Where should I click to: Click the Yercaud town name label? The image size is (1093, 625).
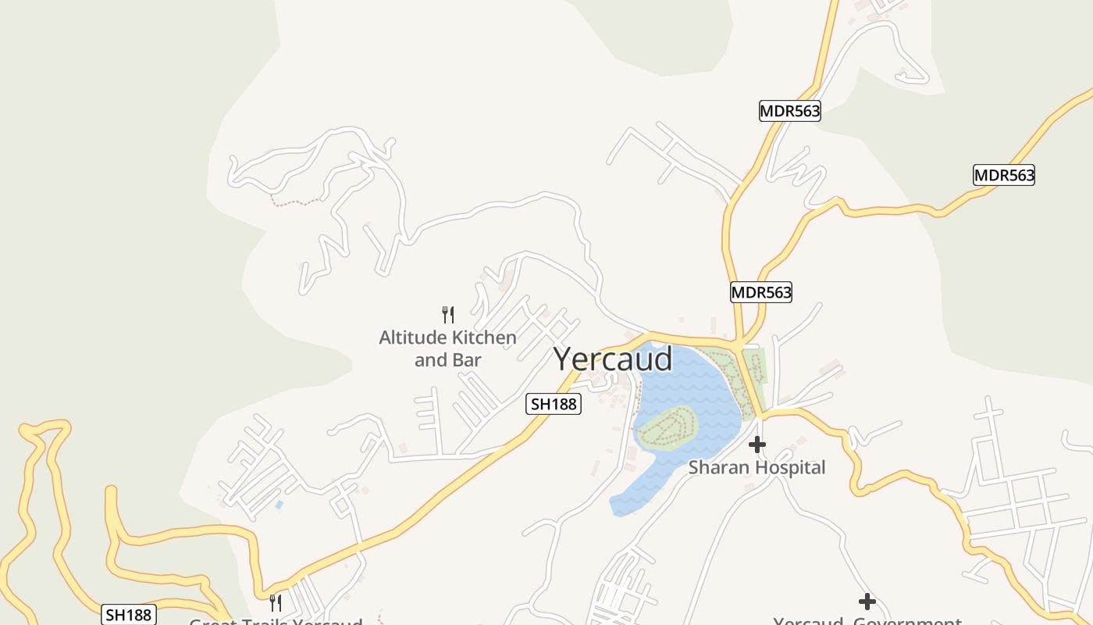click(613, 359)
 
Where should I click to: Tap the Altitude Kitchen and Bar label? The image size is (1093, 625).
click(447, 348)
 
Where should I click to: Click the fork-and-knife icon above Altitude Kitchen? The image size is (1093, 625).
click(448, 315)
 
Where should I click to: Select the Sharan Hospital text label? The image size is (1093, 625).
click(756, 467)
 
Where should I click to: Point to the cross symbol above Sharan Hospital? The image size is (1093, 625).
click(757, 445)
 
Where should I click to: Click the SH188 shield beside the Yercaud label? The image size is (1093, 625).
click(554, 403)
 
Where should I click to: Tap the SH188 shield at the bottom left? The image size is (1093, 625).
click(129, 614)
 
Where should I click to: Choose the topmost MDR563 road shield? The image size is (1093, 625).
click(790, 111)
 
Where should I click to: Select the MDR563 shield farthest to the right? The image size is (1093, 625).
click(1003, 175)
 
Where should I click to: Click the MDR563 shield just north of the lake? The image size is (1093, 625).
click(760, 292)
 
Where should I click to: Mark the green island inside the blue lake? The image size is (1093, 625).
click(666, 427)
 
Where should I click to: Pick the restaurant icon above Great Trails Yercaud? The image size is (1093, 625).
click(275, 602)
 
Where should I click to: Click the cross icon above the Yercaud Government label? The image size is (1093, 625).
click(867, 602)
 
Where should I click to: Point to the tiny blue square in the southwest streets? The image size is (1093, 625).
click(279, 505)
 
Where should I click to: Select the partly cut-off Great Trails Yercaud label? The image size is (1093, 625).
click(276, 622)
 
